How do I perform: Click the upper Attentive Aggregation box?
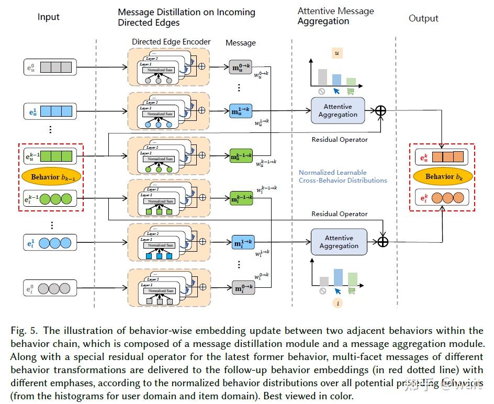point(338,110)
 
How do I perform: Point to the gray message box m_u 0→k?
point(241,67)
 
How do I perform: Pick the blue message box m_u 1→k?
point(241,110)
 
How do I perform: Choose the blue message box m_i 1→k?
point(244,242)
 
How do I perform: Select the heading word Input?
point(49,18)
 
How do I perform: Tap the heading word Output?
point(423,18)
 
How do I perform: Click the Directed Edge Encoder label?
point(171,42)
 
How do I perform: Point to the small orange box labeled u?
point(336,53)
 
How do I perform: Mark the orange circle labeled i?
point(338,302)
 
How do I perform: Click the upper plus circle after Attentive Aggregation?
point(380,110)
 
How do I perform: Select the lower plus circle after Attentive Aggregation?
point(384,241)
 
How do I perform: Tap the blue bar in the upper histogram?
point(336,80)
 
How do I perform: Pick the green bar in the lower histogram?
point(353,279)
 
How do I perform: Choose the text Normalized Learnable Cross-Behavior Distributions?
point(343,176)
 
